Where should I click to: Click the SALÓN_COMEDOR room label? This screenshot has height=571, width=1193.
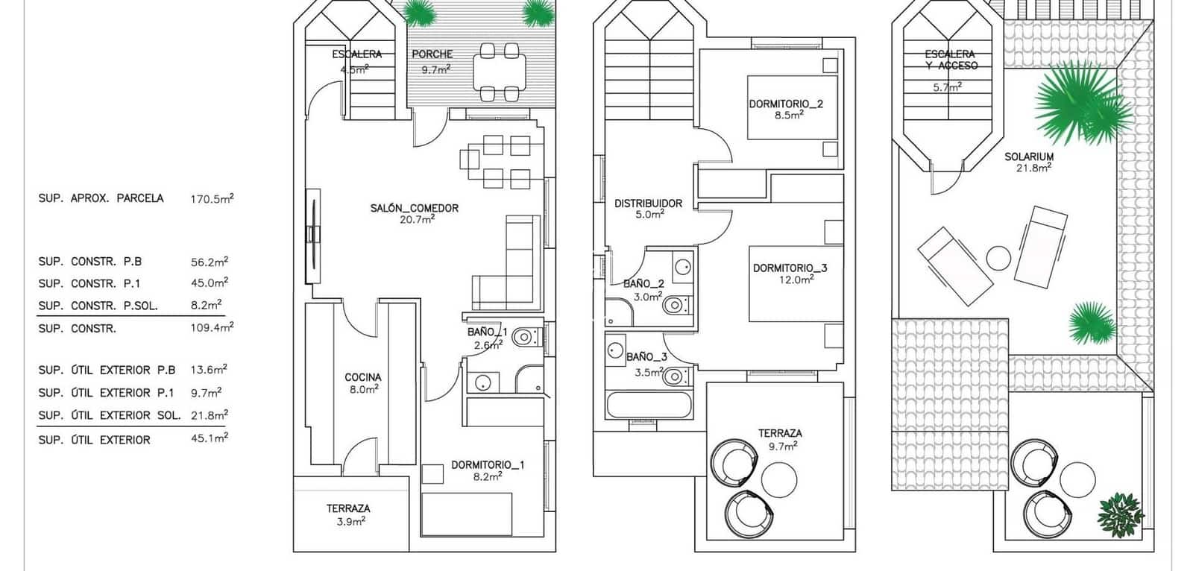(x=414, y=209)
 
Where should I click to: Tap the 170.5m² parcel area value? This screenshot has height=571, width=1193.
(x=212, y=199)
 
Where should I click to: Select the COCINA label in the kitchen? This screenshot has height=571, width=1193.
(x=362, y=377)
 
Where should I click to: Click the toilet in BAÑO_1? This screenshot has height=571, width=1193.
(x=525, y=336)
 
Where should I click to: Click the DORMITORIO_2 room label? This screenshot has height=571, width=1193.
(x=786, y=104)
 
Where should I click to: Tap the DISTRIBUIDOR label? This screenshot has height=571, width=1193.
(x=648, y=203)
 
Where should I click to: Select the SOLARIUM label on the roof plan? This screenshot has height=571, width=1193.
(x=1028, y=157)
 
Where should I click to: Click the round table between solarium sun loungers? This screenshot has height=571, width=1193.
(x=998, y=259)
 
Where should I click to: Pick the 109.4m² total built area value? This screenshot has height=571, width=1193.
(x=212, y=327)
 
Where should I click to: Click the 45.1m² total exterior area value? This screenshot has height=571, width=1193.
(x=209, y=439)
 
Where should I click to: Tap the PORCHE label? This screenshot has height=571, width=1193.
(x=432, y=54)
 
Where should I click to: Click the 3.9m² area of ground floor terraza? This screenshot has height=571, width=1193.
(x=349, y=522)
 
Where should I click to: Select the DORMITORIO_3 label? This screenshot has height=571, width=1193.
(x=790, y=268)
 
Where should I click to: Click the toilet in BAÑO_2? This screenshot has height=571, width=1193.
(x=675, y=305)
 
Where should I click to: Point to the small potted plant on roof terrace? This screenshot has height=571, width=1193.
(x=1120, y=513)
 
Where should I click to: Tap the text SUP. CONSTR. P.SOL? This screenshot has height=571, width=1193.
(x=98, y=306)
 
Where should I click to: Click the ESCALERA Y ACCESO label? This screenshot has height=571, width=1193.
(x=949, y=60)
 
